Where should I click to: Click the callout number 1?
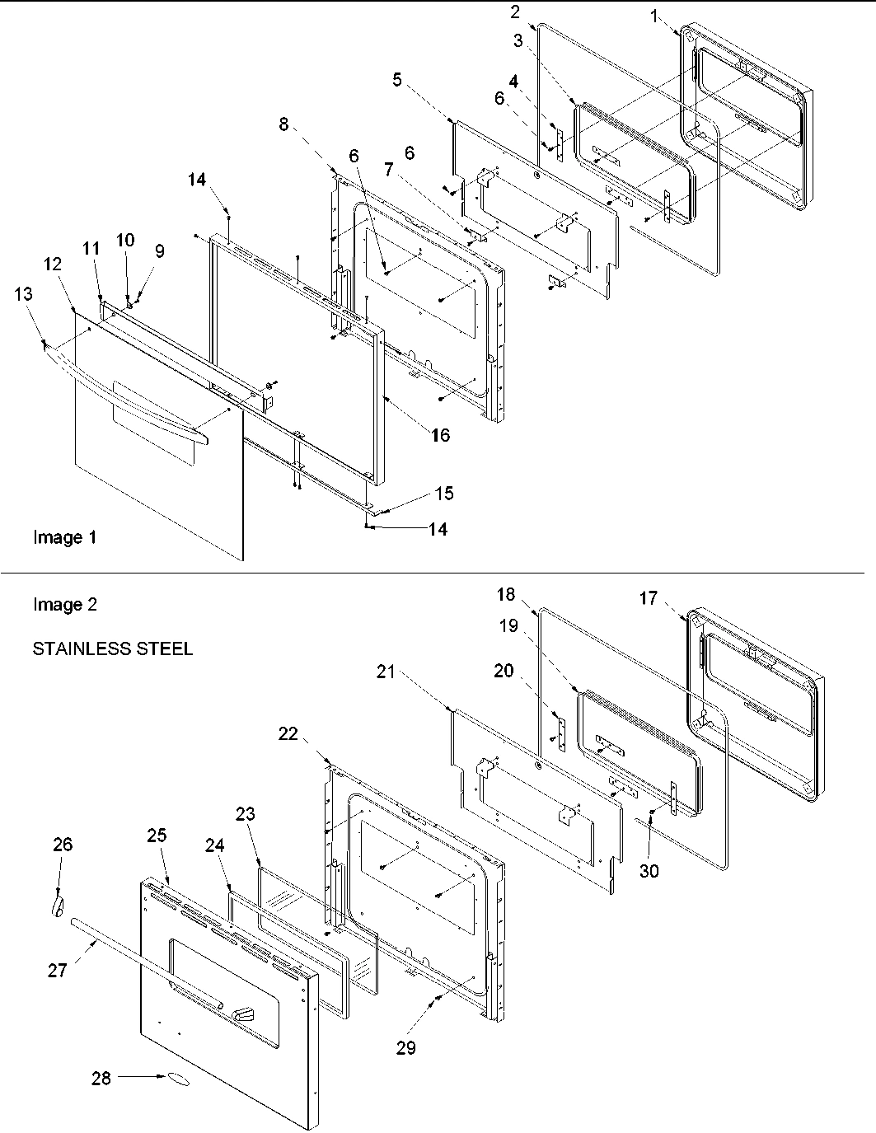coord(654,17)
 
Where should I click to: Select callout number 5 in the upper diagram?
coord(397,80)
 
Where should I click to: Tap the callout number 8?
coord(283,124)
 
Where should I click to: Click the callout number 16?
coord(441,435)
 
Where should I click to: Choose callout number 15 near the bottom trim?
coord(444,494)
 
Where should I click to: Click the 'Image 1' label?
coord(64,538)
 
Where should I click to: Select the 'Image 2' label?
coord(64,605)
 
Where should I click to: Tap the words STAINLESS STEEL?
coord(112,649)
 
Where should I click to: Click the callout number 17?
coord(649,598)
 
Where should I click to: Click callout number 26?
coord(63,845)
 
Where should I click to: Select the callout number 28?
coord(101,1078)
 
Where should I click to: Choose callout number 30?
coord(649,871)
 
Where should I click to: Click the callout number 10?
coord(124,240)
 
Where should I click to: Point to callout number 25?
coord(157,836)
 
